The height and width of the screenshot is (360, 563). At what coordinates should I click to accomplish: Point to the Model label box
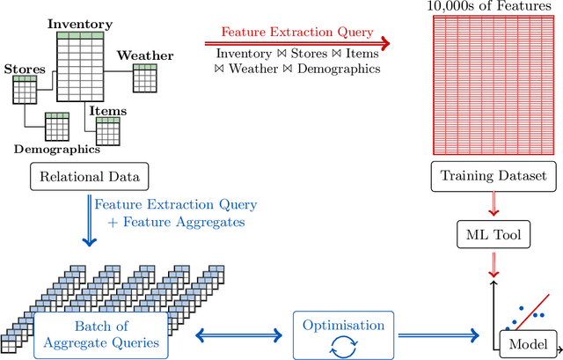point(528,343)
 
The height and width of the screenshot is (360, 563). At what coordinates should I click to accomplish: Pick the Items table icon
point(107,131)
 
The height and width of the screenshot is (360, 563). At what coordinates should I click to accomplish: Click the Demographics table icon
point(57,128)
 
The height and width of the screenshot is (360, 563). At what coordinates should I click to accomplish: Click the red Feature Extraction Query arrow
point(296,41)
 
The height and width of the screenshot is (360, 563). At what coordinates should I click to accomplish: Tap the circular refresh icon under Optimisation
point(345,344)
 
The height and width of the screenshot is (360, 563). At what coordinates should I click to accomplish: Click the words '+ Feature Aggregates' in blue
point(176,223)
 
